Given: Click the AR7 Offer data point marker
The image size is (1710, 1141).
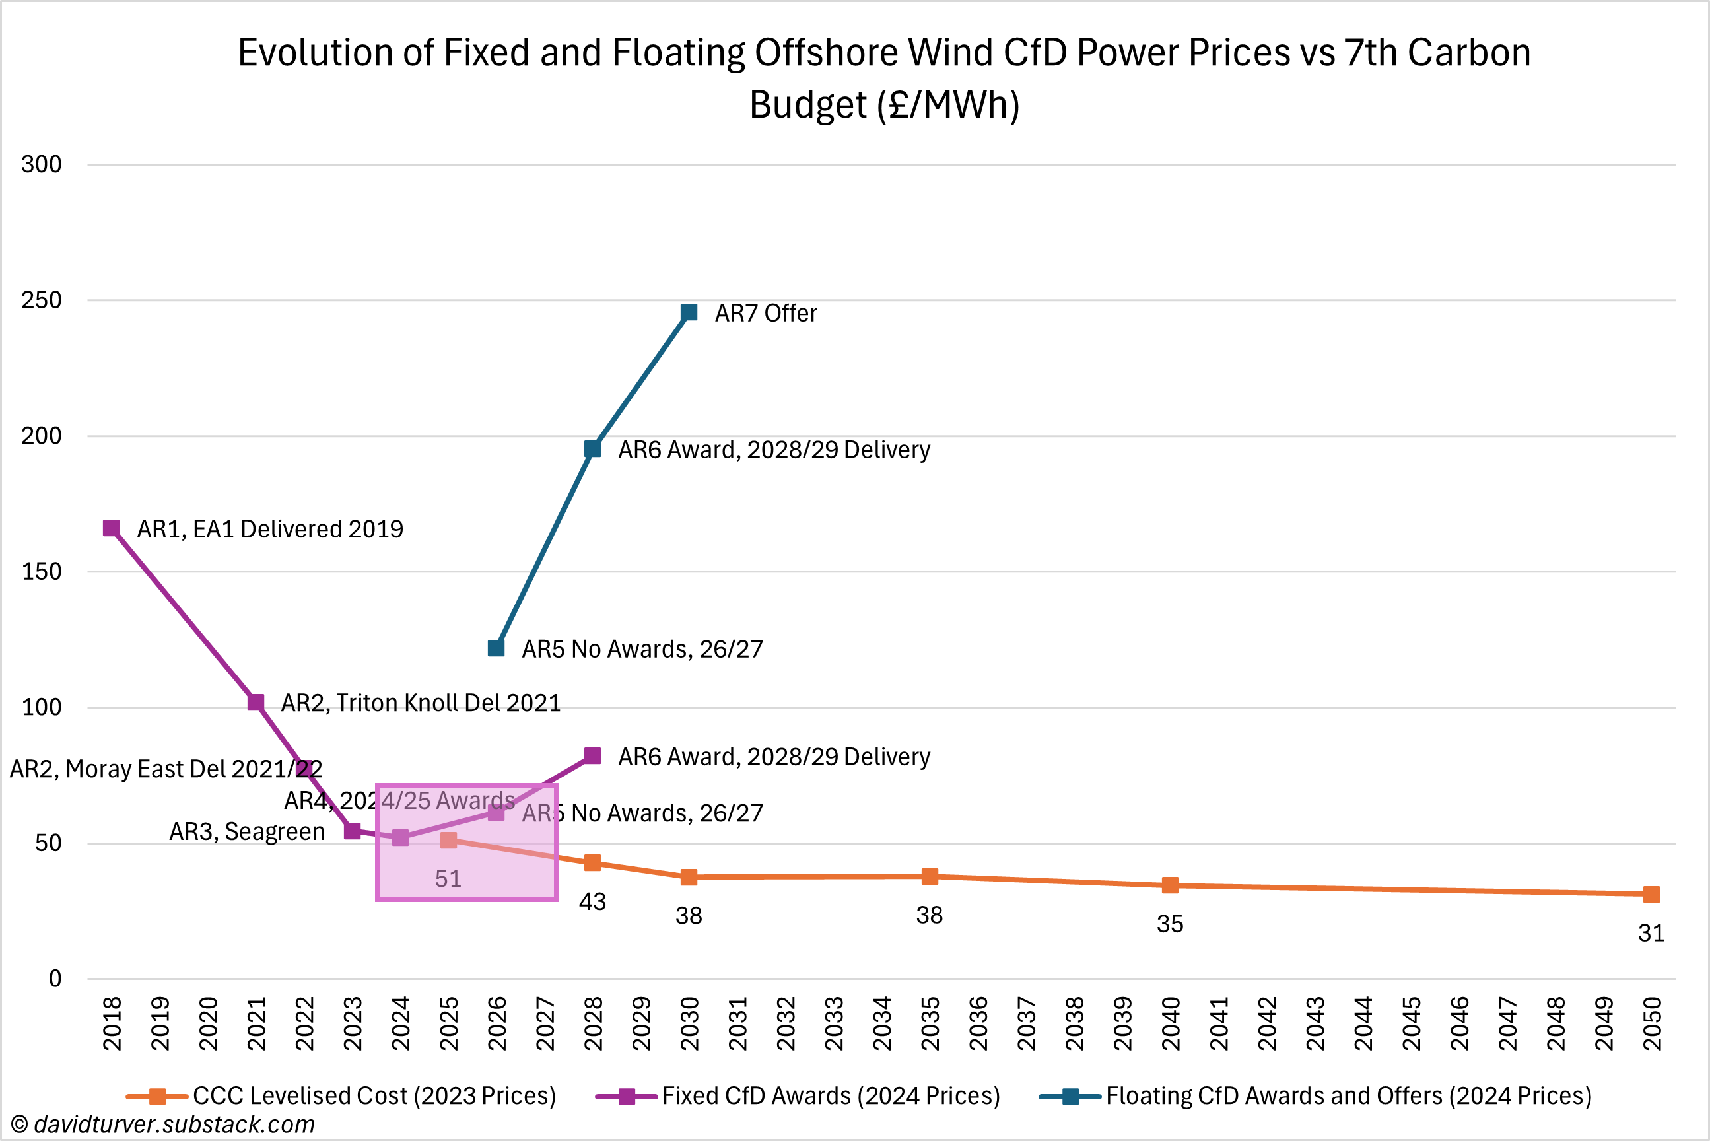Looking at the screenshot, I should pyautogui.click(x=689, y=312).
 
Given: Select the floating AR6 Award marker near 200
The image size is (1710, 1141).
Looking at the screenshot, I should pyautogui.click(x=592, y=449).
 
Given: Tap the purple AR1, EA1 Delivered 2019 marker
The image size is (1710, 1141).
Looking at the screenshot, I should pyautogui.click(x=112, y=528).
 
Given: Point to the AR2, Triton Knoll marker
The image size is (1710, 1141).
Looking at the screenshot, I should pyautogui.click(x=256, y=702).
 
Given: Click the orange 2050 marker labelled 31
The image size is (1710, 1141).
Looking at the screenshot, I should pyautogui.click(x=1651, y=894).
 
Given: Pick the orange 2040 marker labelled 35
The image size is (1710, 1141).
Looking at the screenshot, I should pyautogui.click(x=1169, y=885).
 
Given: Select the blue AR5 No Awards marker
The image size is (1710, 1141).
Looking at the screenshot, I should pyautogui.click(x=496, y=648).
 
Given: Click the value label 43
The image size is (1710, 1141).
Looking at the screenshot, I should pyautogui.click(x=592, y=903).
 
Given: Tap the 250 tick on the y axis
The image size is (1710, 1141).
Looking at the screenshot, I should pyautogui.click(x=41, y=300).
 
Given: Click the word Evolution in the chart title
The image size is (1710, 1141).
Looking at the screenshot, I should pyautogui.click(x=334, y=53).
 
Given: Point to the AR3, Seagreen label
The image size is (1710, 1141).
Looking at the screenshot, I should pyautogui.click(x=247, y=831).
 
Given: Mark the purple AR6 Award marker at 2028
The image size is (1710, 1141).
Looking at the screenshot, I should pyautogui.click(x=592, y=756).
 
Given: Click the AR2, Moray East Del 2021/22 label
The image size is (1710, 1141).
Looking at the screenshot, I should pyautogui.click(x=165, y=769).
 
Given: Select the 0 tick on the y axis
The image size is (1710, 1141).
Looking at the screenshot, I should pyautogui.click(x=55, y=979).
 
